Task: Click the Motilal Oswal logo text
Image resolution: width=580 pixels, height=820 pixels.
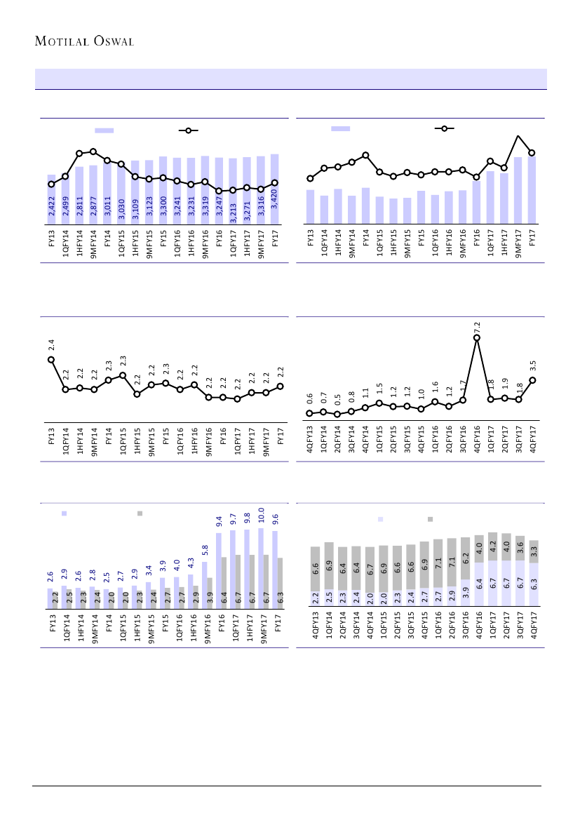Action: (x=84, y=40)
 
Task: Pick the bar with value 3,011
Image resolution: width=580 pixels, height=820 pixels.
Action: (x=107, y=193)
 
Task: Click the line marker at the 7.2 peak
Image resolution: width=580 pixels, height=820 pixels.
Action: (x=477, y=337)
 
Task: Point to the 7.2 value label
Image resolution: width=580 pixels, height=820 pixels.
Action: (x=477, y=327)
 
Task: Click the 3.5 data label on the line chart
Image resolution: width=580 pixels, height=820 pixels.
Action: (x=533, y=365)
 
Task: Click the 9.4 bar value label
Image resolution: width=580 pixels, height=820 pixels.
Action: (x=219, y=520)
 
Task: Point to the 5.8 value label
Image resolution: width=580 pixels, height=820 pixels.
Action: (x=205, y=550)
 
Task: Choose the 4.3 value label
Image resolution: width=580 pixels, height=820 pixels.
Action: (x=191, y=563)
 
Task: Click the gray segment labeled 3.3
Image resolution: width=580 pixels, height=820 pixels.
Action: (x=534, y=551)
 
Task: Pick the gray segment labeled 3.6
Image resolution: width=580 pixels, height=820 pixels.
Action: (x=520, y=548)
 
